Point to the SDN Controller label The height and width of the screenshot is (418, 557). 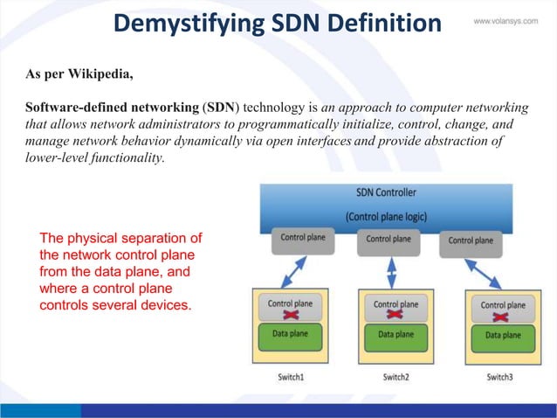[386, 192]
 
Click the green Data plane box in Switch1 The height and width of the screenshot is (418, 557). [291, 335]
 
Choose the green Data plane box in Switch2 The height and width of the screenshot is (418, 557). [395, 335]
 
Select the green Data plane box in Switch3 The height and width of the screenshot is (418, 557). [503, 335]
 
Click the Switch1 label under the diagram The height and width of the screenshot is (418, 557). [290, 377]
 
